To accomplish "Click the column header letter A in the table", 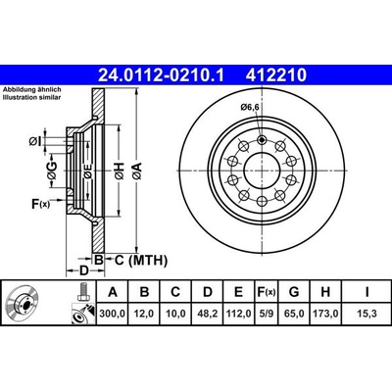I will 113,291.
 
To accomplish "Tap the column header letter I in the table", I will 365,291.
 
